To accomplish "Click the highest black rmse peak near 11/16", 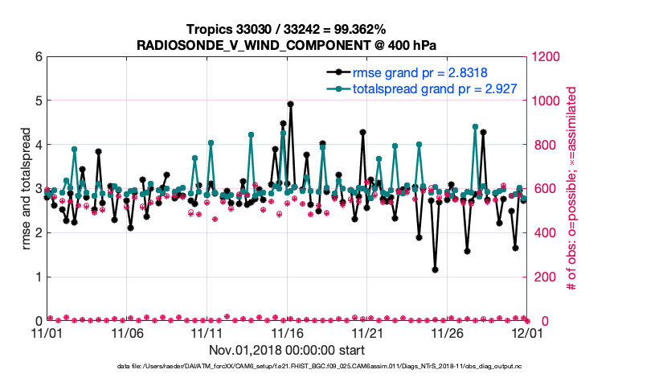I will point(290,104).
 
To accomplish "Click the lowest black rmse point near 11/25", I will point(435,269).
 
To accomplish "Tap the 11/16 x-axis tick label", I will point(287,332).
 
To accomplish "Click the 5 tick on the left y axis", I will point(38,101).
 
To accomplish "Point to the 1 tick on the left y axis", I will point(38,277).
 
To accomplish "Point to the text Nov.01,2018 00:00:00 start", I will point(287,350).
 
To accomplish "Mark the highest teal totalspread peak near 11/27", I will point(475,127).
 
